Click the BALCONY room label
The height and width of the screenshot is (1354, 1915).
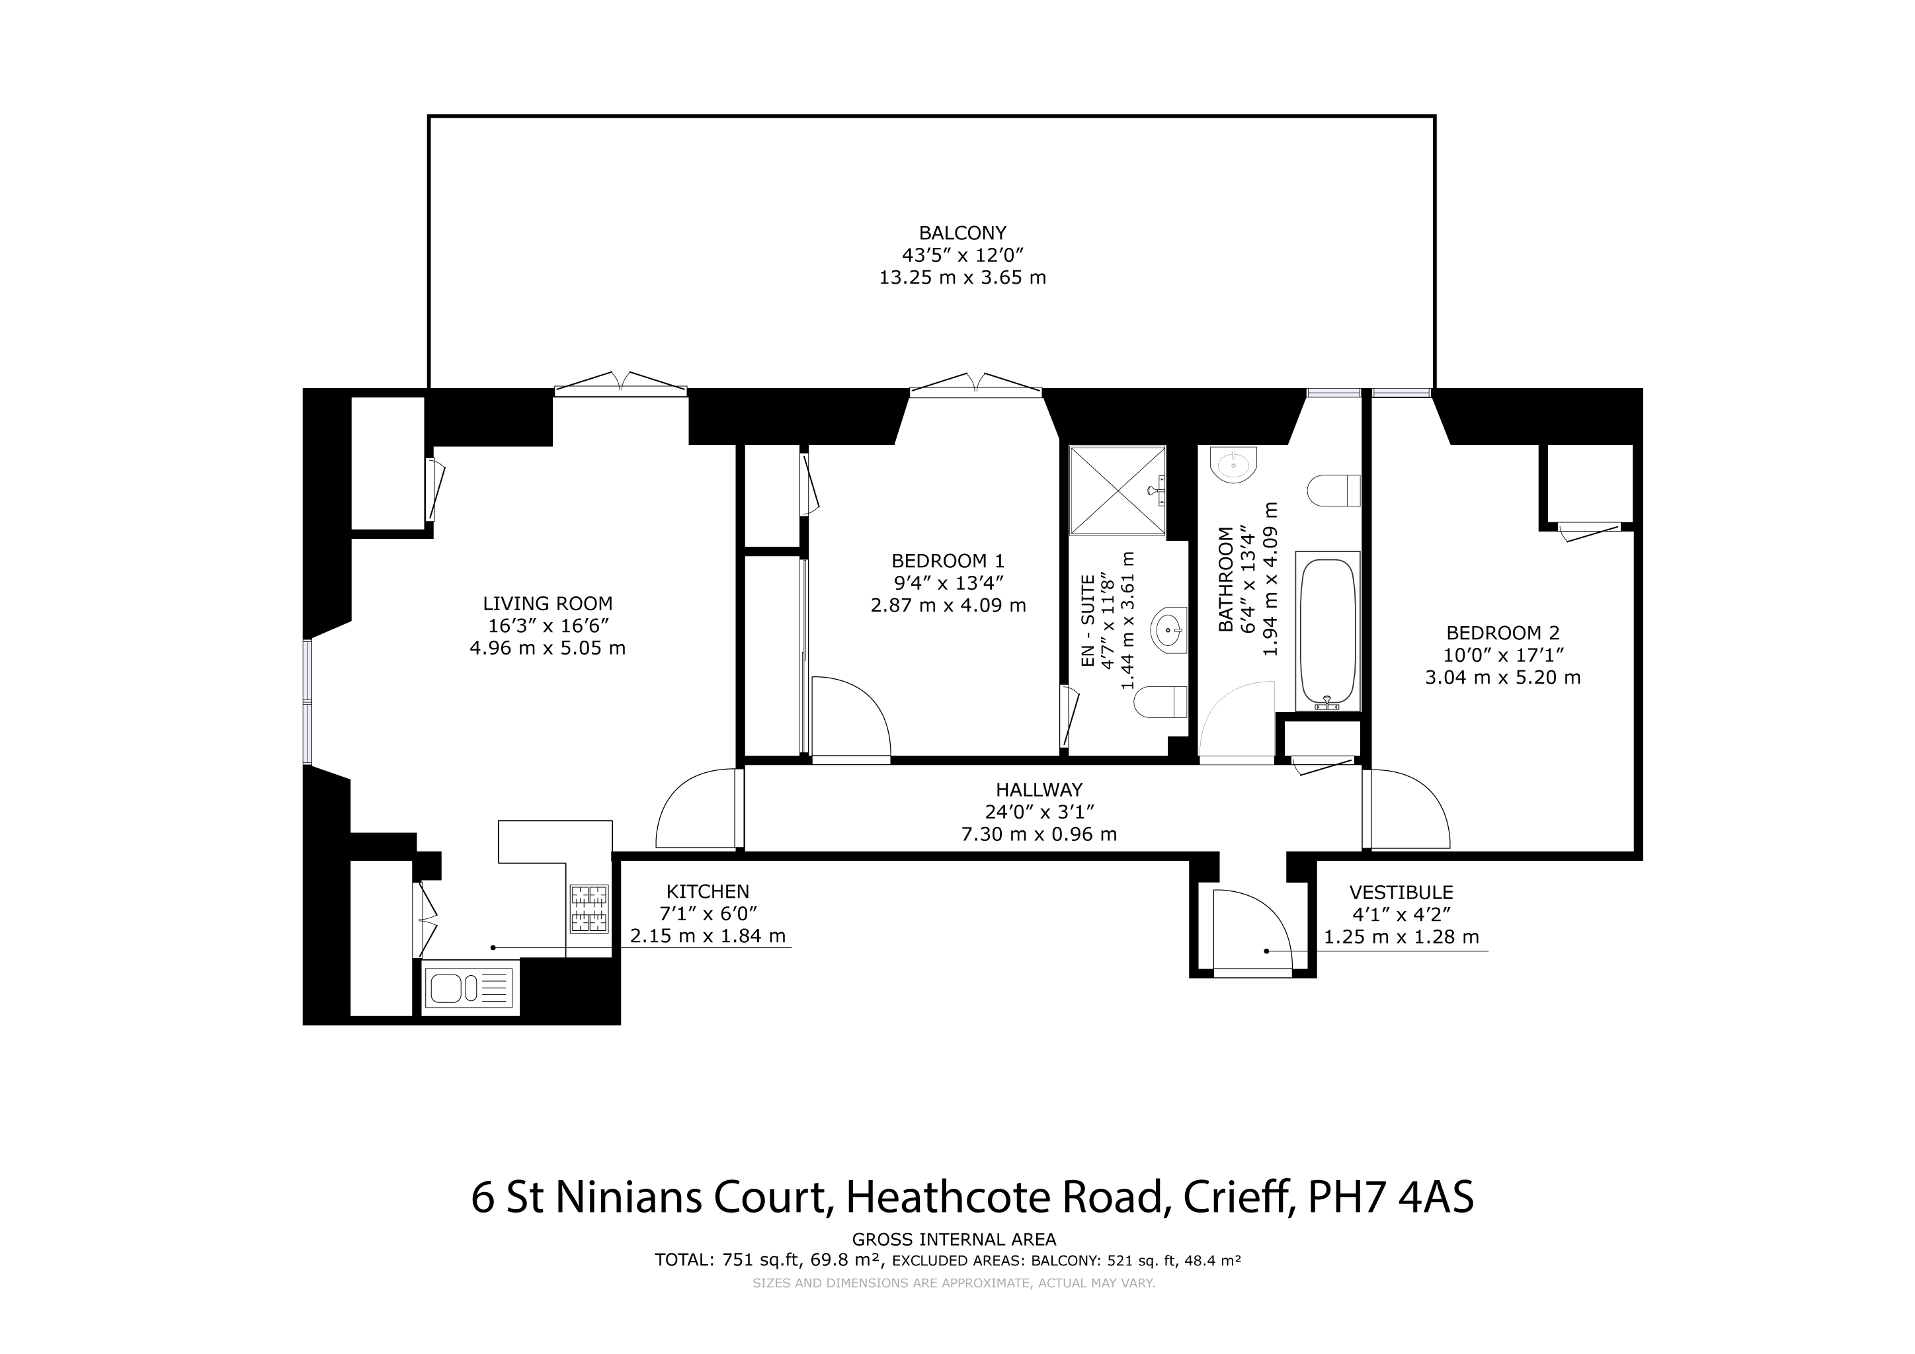click(963, 233)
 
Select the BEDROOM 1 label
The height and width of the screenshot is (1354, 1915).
click(948, 561)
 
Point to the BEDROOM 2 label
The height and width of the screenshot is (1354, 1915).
click(1503, 633)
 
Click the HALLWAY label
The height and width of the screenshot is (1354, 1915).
click(1039, 789)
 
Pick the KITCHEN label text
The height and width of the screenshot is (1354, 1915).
click(708, 891)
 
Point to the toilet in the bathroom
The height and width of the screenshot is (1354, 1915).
click(1334, 491)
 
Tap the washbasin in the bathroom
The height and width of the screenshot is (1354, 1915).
click(1232, 463)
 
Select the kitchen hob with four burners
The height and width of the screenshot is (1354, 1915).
click(589, 908)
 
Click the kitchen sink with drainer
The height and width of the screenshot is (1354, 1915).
click(468, 989)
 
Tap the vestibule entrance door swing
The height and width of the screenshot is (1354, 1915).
click(1252, 930)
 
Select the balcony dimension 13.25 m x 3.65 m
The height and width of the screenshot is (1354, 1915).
click(963, 278)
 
